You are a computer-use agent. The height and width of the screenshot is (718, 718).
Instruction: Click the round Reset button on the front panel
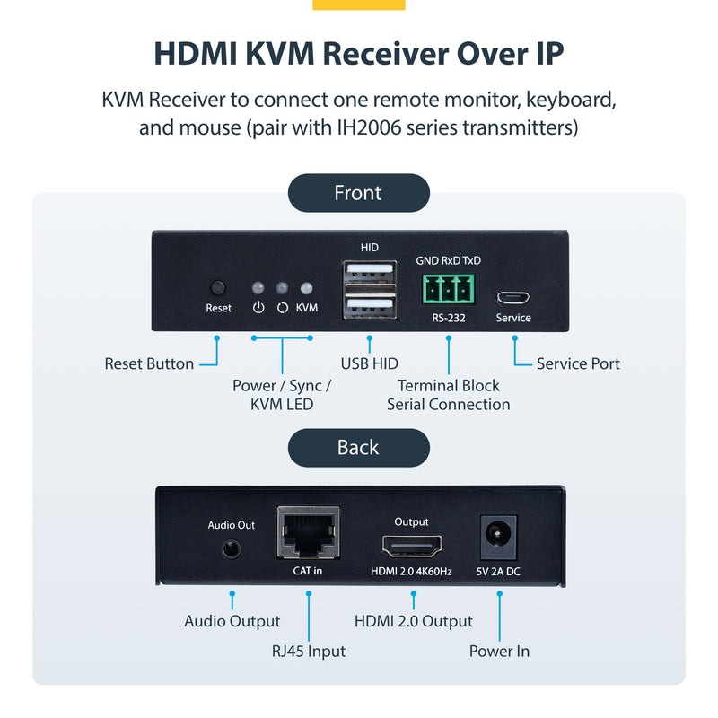(x=217, y=288)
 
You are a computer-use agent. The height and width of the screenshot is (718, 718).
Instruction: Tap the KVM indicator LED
(x=306, y=289)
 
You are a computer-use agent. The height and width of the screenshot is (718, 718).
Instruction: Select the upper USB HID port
(x=369, y=273)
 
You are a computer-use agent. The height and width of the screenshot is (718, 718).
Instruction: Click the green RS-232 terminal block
(x=448, y=290)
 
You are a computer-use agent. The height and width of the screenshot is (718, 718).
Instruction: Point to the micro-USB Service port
(x=513, y=295)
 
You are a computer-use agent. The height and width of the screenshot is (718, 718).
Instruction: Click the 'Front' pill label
(x=358, y=193)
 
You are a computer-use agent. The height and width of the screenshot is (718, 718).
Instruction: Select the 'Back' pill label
(x=358, y=448)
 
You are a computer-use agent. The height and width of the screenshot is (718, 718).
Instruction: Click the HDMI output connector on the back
(x=412, y=547)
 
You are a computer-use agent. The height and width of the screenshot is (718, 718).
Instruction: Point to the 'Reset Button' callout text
(x=149, y=363)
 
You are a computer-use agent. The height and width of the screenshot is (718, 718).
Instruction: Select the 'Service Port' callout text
(x=578, y=363)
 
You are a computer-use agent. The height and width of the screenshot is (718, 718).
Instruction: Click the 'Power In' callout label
(x=499, y=651)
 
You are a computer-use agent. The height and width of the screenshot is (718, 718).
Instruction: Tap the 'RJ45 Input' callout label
(x=308, y=651)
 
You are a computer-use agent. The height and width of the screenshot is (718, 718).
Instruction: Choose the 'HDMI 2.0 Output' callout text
(x=413, y=621)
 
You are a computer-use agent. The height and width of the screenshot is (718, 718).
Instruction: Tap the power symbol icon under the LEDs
(x=258, y=308)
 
